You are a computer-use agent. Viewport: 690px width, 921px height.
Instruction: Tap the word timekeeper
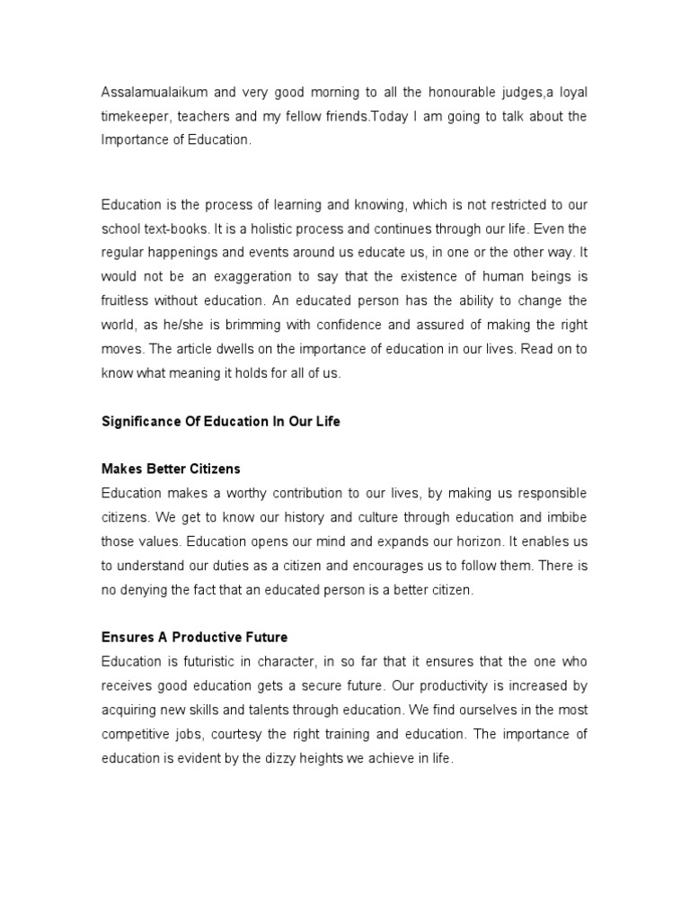[135, 117]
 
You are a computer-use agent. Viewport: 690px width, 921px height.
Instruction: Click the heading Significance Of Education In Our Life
[221, 422]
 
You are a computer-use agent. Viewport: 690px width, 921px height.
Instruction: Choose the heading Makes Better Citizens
[171, 469]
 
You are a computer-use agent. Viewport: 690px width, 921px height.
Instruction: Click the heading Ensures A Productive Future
[194, 638]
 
